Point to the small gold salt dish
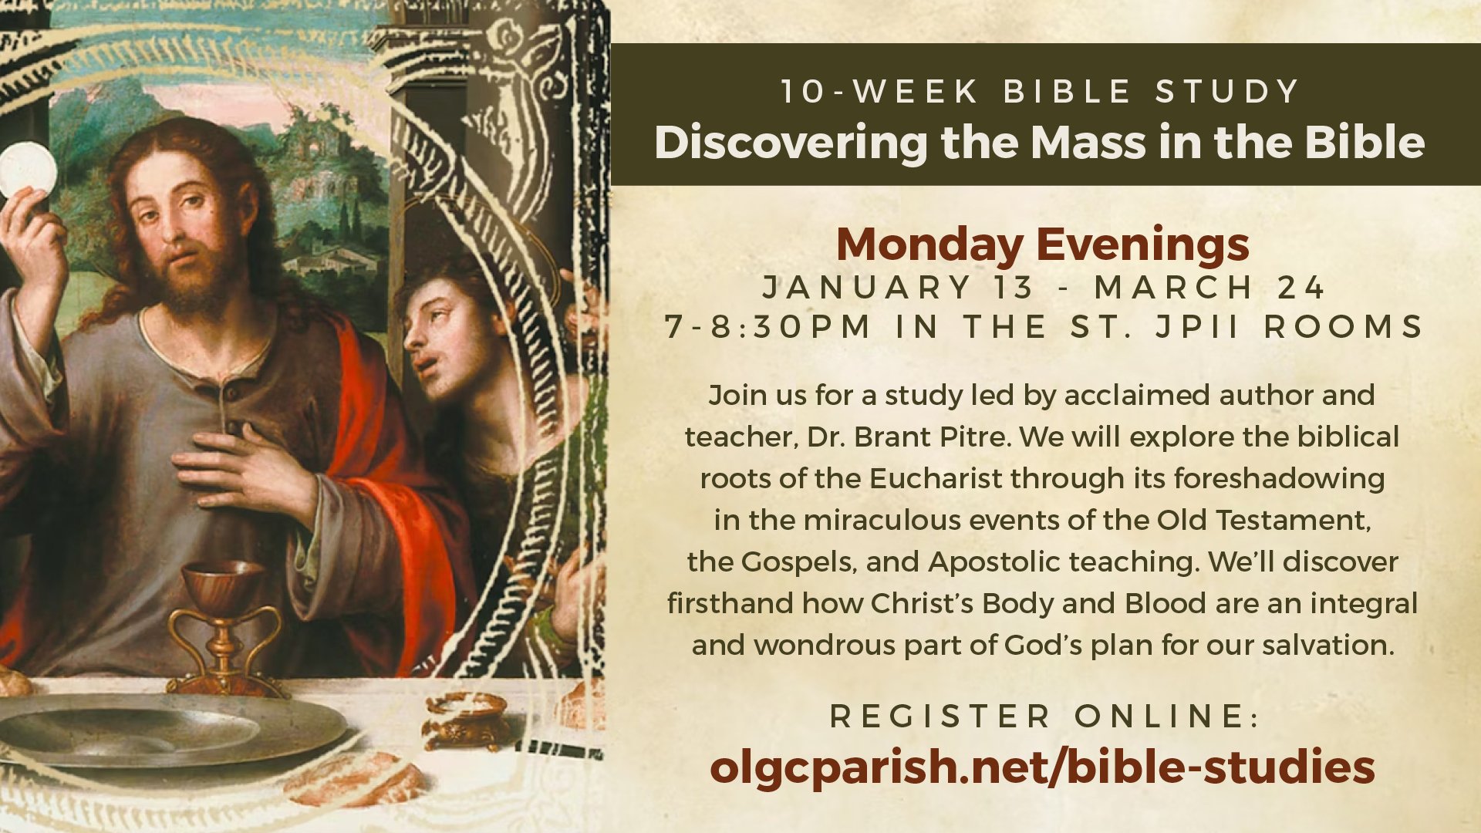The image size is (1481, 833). point(467,721)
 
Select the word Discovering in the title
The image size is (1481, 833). point(791,143)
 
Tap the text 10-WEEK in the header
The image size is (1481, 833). point(879,91)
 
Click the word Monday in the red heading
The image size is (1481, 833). point(930,245)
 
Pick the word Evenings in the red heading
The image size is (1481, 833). point(1142,245)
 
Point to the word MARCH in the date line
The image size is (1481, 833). point(1173,288)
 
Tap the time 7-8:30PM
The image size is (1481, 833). point(767,327)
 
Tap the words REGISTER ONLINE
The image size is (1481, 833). point(1044,717)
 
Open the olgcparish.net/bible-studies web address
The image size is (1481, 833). point(1042,768)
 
